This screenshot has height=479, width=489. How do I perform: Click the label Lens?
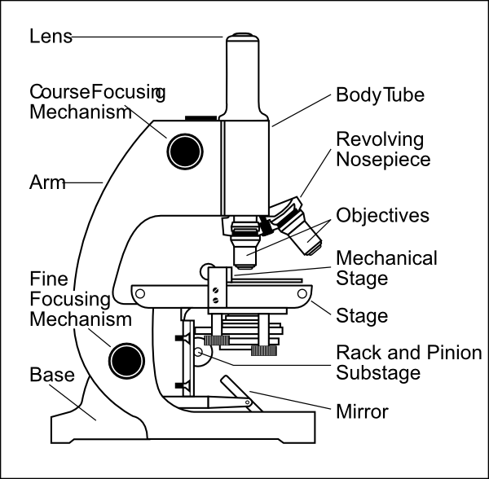pos(51,37)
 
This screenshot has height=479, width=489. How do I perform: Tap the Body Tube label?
pos(381,94)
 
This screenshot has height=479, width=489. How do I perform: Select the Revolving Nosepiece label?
pos(383,148)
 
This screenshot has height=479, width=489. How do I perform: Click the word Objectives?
pos(382,216)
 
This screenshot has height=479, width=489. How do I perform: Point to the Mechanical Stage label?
pos(386,268)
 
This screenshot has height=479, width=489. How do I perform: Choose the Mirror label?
pos(362,411)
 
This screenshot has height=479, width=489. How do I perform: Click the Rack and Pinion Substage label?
pos(408,363)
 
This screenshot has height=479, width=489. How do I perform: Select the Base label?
pos(52,376)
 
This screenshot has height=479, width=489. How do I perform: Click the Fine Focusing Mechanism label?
pos(80,299)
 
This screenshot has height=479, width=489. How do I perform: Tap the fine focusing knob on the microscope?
pos(126,357)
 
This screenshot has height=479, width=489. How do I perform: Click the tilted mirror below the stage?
pos(235,390)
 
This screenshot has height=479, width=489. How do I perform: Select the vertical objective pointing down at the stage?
pos(245,248)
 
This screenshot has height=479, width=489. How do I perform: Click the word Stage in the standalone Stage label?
pos(362,314)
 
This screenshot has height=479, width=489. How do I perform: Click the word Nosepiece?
pos(383,159)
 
